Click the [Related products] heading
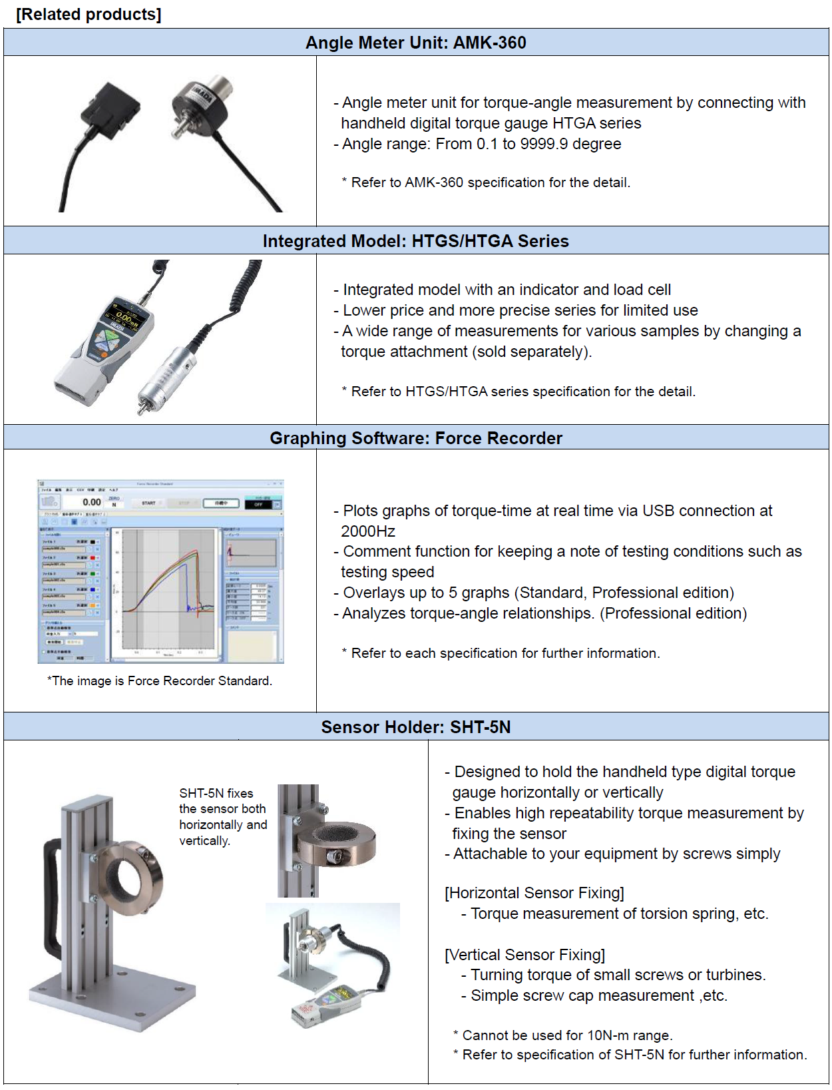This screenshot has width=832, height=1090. click(89, 14)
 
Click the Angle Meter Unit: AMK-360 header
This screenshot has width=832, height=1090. click(415, 43)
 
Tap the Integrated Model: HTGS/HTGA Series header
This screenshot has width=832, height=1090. click(415, 241)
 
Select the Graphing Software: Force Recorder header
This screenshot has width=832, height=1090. click(415, 438)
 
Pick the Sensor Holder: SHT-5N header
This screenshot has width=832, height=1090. click(415, 727)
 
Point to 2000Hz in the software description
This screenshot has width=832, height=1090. click(368, 531)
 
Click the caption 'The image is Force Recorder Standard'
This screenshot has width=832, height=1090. click(160, 681)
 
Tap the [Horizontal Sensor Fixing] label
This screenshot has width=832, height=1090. click(534, 893)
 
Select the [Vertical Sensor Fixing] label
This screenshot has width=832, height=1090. click(525, 955)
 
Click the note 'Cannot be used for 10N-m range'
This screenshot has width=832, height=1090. click(566, 1035)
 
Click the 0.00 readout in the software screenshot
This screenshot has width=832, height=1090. click(91, 502)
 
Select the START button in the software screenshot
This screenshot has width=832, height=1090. click(148, 503)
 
